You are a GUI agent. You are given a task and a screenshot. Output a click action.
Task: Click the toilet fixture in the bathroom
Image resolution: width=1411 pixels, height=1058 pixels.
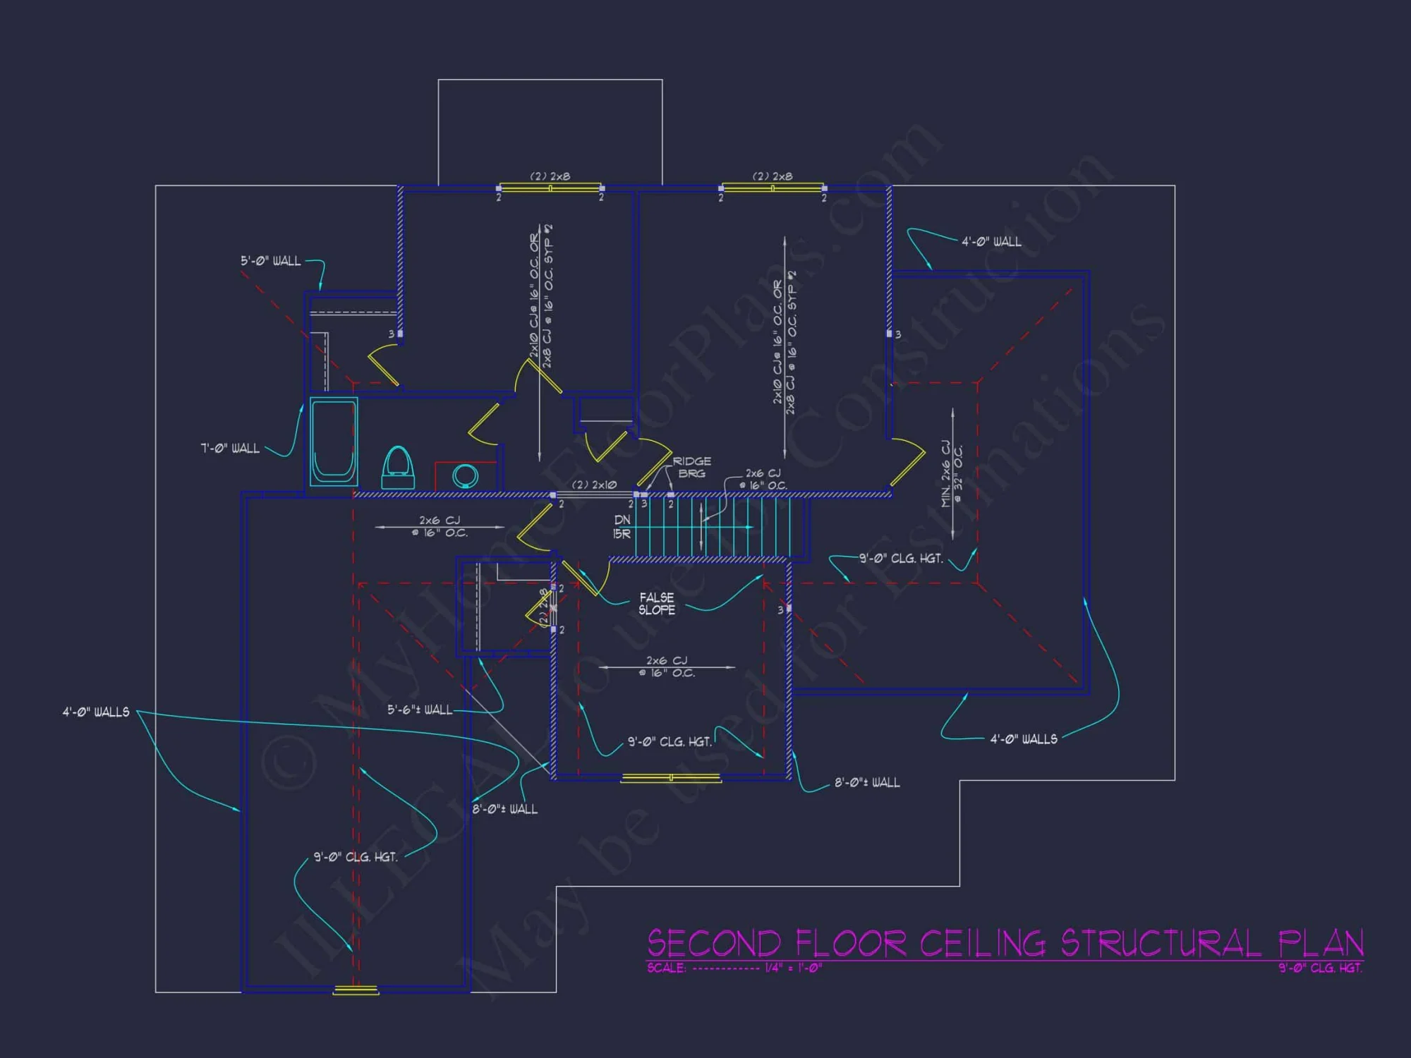(397, 466)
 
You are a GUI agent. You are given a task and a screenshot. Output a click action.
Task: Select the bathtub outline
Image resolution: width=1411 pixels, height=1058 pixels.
(334, 441)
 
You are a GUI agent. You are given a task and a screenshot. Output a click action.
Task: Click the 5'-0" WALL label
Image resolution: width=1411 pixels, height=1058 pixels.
(270, 261)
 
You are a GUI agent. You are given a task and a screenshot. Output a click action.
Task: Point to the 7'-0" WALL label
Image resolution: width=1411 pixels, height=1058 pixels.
(230, 449)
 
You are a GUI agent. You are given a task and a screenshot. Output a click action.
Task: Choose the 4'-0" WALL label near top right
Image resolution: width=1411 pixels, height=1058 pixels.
(991, 242)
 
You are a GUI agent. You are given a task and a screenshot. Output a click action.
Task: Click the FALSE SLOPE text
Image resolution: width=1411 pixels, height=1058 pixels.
(656, 604)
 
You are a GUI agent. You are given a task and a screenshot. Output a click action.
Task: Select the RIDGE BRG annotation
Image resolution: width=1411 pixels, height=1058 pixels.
(691, 467)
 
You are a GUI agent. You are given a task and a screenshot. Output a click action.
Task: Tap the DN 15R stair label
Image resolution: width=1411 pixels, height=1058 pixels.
(622, 527)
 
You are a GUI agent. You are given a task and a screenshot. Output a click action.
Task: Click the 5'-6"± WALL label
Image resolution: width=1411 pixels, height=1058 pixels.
(420, 710)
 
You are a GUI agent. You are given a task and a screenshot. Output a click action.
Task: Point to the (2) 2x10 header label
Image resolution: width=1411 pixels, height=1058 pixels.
(594, 485)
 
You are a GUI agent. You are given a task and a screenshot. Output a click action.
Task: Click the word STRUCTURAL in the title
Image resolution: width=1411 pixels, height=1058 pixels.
(1161, 944)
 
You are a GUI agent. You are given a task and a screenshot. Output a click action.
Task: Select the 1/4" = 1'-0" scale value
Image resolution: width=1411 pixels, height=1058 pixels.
(794, 968)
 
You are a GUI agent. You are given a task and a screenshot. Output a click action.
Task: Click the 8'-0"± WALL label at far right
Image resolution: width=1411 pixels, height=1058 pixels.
(867, 782)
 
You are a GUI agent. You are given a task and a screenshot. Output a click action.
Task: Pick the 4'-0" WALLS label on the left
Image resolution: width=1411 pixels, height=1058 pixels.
(96, 712)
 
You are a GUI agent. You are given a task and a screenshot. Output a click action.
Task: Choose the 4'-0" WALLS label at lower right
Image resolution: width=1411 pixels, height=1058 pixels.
(1024, 739)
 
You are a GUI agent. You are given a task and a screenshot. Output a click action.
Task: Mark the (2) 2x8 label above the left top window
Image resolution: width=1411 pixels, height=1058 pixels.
(550, 176)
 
